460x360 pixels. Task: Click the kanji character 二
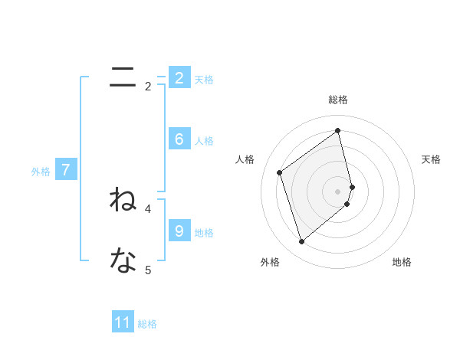tap(123, 77)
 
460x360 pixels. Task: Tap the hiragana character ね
tap(123, 200)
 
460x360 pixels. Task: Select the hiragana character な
tap(123, 261)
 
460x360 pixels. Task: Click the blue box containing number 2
tap(179, 77)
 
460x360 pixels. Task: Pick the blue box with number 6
tap(179, 139)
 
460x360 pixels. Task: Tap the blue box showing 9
tap(179, 231)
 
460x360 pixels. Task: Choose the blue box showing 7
tap(66, 170)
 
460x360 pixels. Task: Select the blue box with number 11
tap(123, 322)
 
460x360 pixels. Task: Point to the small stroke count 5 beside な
tap(148, 270)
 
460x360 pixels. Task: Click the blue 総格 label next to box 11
tap(147, 324)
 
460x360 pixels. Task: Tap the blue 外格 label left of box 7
tap(41, 172)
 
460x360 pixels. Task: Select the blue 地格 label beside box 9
tap(204, 232)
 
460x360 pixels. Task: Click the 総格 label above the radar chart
tap(338, 100)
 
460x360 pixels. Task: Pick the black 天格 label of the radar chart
tap(432, 159)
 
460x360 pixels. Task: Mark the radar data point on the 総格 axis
tap(338, 129)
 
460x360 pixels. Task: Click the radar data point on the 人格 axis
tap(280, 172)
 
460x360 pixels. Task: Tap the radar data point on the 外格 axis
tap(301, 242)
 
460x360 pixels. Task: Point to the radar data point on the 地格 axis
tap(347, 204)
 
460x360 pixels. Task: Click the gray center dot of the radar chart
tap(338, 191)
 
